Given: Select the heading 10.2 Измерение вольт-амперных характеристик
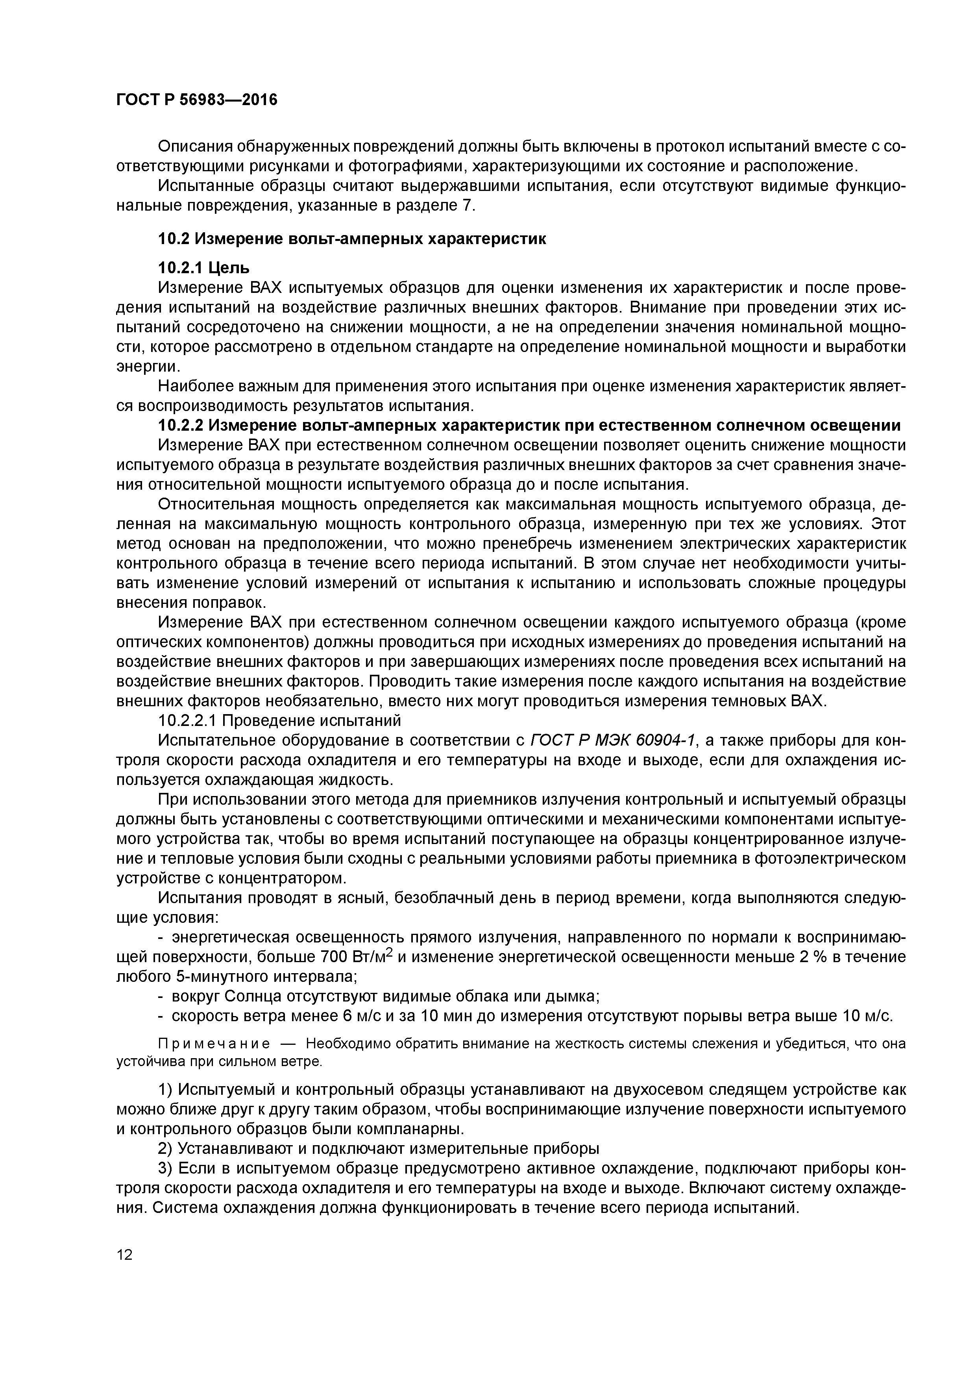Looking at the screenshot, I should tap(352, 239).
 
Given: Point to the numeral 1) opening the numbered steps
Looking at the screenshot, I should tap(165, 1090).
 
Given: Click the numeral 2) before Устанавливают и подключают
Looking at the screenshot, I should tap(165, 1149).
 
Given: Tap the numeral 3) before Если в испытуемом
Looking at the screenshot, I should tap(165, 1169).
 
